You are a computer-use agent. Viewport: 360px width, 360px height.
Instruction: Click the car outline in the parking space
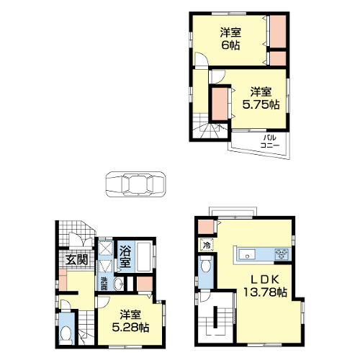click(x=136, y=184)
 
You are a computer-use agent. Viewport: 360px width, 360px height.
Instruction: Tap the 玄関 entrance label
click(x=76, y=259)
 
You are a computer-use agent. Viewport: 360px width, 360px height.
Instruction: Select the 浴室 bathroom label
click(x=125, y=256)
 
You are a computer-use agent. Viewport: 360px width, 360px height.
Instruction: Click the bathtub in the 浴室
click(x=144, y=256)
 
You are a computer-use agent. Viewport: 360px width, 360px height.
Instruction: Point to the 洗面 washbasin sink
click(x=119, y=284)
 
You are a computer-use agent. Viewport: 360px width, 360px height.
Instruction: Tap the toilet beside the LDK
click(x=205, y=264)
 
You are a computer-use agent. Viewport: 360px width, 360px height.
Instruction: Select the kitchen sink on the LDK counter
click(x=247, y=255)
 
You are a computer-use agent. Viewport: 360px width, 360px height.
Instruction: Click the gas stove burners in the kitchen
click(x=282, y=254)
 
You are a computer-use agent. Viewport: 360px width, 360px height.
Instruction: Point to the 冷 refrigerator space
click(x=206, y=245)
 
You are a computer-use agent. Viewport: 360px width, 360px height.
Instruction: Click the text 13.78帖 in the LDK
click(x=265, y=292)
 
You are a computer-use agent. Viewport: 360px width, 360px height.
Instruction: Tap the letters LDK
click(x=264, y=279)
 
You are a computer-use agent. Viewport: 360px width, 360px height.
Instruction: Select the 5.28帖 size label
click(x=130, y=327)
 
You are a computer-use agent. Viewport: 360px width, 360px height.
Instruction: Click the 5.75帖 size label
click(x=261, y=104)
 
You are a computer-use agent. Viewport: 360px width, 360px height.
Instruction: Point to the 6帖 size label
click(x=230, y=45)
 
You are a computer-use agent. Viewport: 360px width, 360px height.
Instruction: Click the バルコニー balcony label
click(x=270, y=142)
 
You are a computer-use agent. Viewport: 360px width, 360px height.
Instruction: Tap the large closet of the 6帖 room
click(x=278, y=32)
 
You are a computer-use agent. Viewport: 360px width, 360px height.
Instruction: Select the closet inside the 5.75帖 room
click(x=220, y=104)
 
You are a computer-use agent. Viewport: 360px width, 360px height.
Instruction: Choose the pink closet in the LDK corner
click(x=206, y=227)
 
